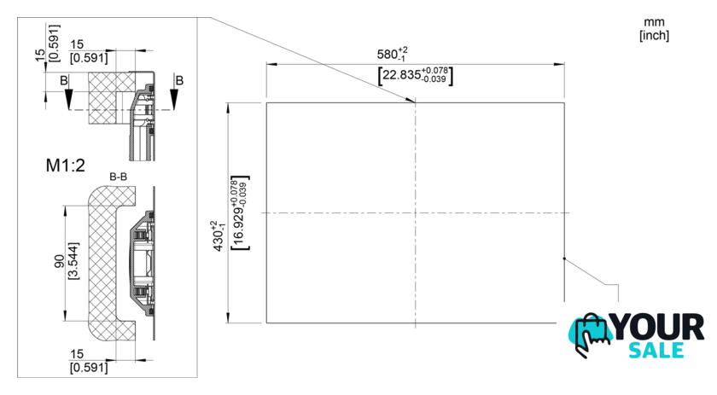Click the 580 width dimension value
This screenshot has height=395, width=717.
coord(387,55)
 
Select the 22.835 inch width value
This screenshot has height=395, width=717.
coord(401,74)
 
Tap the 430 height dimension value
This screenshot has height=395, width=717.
coord(219,241)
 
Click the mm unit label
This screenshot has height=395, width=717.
coord(654,22)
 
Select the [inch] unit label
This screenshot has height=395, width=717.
coord(654,35)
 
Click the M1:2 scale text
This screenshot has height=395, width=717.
coord(66,165)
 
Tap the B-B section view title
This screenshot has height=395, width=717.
coord(118,177)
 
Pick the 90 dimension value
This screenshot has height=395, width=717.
coord(60,262)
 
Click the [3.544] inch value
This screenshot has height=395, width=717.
coord(73,261)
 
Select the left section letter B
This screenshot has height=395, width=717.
coord(64,80)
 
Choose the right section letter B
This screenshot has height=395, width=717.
coord(179,80)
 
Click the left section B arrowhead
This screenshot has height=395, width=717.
coord(68,99)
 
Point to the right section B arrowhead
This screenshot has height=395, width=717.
coord(174,99)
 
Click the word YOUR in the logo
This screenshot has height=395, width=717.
coord(657,327)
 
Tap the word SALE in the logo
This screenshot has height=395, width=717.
coord(656,350)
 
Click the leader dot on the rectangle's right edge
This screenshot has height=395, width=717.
coord(564,258)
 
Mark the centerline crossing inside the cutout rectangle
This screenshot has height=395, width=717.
coord(415,213)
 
